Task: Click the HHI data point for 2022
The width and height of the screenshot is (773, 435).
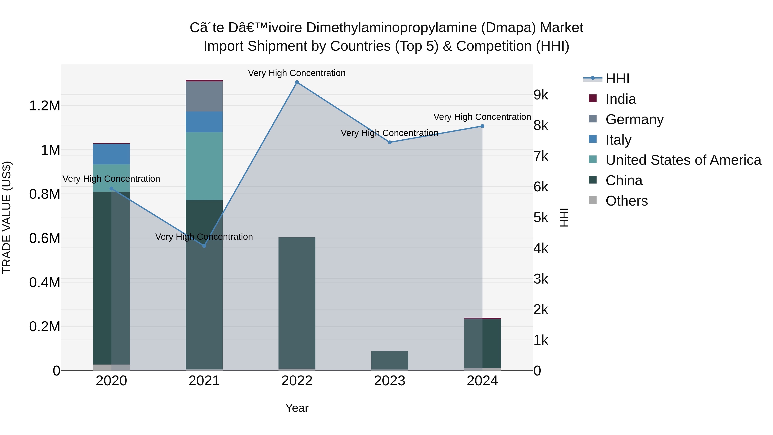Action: pos(297,82)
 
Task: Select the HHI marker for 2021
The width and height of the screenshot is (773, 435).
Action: pos(204,246)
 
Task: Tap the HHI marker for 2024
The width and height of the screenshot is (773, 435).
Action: pos(482,126)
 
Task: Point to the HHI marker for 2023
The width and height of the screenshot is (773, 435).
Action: pos(390,142)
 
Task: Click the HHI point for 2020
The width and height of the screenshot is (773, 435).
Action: pos(111,189)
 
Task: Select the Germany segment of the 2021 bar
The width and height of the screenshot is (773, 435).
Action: pos(204,96)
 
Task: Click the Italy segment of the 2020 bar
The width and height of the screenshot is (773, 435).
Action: pos(111,154)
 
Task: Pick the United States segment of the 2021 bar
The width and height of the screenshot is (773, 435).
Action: pos(204,166)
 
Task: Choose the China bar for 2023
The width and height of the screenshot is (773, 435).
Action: pos(390,360)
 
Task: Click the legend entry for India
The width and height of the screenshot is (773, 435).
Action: pos(621,99)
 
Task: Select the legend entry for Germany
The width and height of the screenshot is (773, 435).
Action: pos(634,119)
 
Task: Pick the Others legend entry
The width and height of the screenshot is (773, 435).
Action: pos(627,201)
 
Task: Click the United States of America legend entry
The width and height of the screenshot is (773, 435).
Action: pos(683,160)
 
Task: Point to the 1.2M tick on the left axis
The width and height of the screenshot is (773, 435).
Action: pos(44,106)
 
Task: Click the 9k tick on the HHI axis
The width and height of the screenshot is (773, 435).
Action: pos(541,95)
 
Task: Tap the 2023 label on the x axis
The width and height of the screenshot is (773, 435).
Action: pos(390,381)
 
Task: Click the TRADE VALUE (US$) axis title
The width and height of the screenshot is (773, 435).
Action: pos(7,217)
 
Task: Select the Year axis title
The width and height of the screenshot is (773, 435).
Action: pos(297,408)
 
